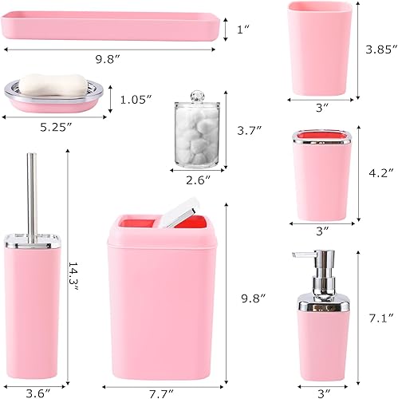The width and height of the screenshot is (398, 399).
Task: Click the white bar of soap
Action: [53, 84]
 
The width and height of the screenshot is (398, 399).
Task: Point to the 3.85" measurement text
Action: [380, 50]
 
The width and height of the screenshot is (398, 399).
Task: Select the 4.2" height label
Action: [378, 172]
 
